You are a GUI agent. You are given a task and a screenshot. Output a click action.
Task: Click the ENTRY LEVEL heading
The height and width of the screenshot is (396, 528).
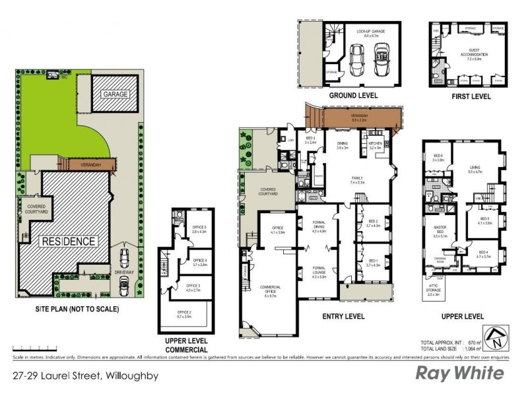[x=343, y=317]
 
